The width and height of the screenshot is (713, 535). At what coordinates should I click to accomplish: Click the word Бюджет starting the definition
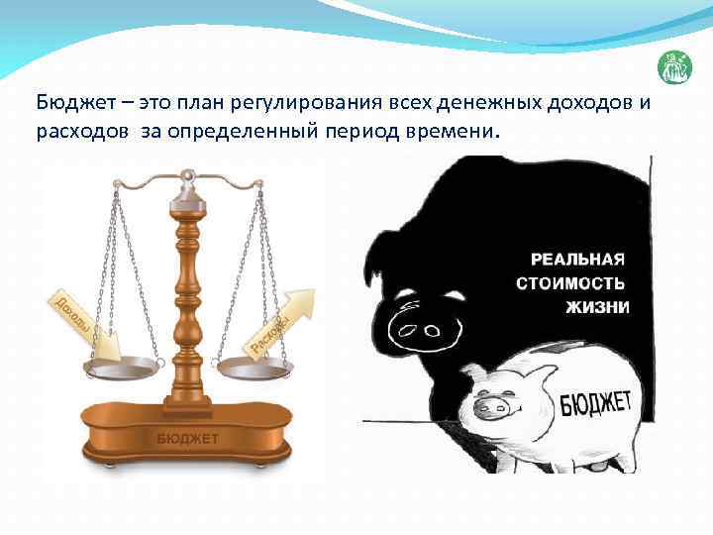(x=70, y=103)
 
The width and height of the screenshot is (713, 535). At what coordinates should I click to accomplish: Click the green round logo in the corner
(x=674, y=68)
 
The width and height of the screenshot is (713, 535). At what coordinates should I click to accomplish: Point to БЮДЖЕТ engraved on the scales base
(x=187, y=437)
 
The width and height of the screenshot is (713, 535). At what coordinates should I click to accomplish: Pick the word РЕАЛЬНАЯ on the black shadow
(x=578, y=260)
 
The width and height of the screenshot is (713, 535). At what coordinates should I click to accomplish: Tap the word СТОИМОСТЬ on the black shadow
(x=572, y=283)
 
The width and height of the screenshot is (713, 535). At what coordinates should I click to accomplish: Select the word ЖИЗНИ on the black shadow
(x=597, y=307)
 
